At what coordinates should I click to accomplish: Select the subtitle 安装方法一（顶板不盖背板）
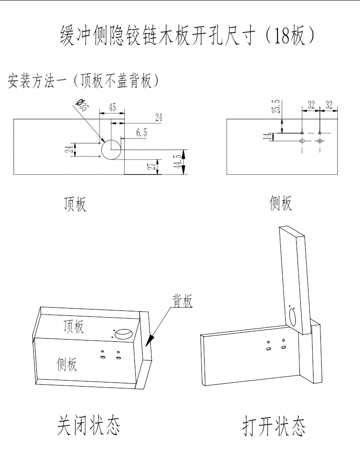(83, 82)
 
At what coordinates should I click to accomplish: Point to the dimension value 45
(112, 108)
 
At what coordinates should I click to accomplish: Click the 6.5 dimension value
(141, 133)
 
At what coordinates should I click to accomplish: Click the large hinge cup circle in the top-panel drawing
(111, 149)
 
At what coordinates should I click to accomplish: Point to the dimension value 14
(267, 136)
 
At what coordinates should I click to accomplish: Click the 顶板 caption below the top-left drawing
(75, 204)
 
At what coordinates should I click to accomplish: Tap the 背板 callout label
(182, 301)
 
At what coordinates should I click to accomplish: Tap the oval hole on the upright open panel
(293, 316)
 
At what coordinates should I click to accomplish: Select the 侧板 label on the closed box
(67, 363)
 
